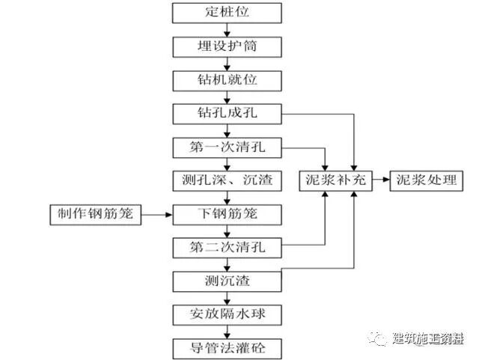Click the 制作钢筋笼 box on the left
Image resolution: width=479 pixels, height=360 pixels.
(93, 215)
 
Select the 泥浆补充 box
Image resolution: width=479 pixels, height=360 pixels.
(336, 181)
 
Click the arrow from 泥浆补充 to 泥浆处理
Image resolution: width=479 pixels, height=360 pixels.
(381, 181)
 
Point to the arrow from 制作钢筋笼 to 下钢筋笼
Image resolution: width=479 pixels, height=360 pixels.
(156, 215)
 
